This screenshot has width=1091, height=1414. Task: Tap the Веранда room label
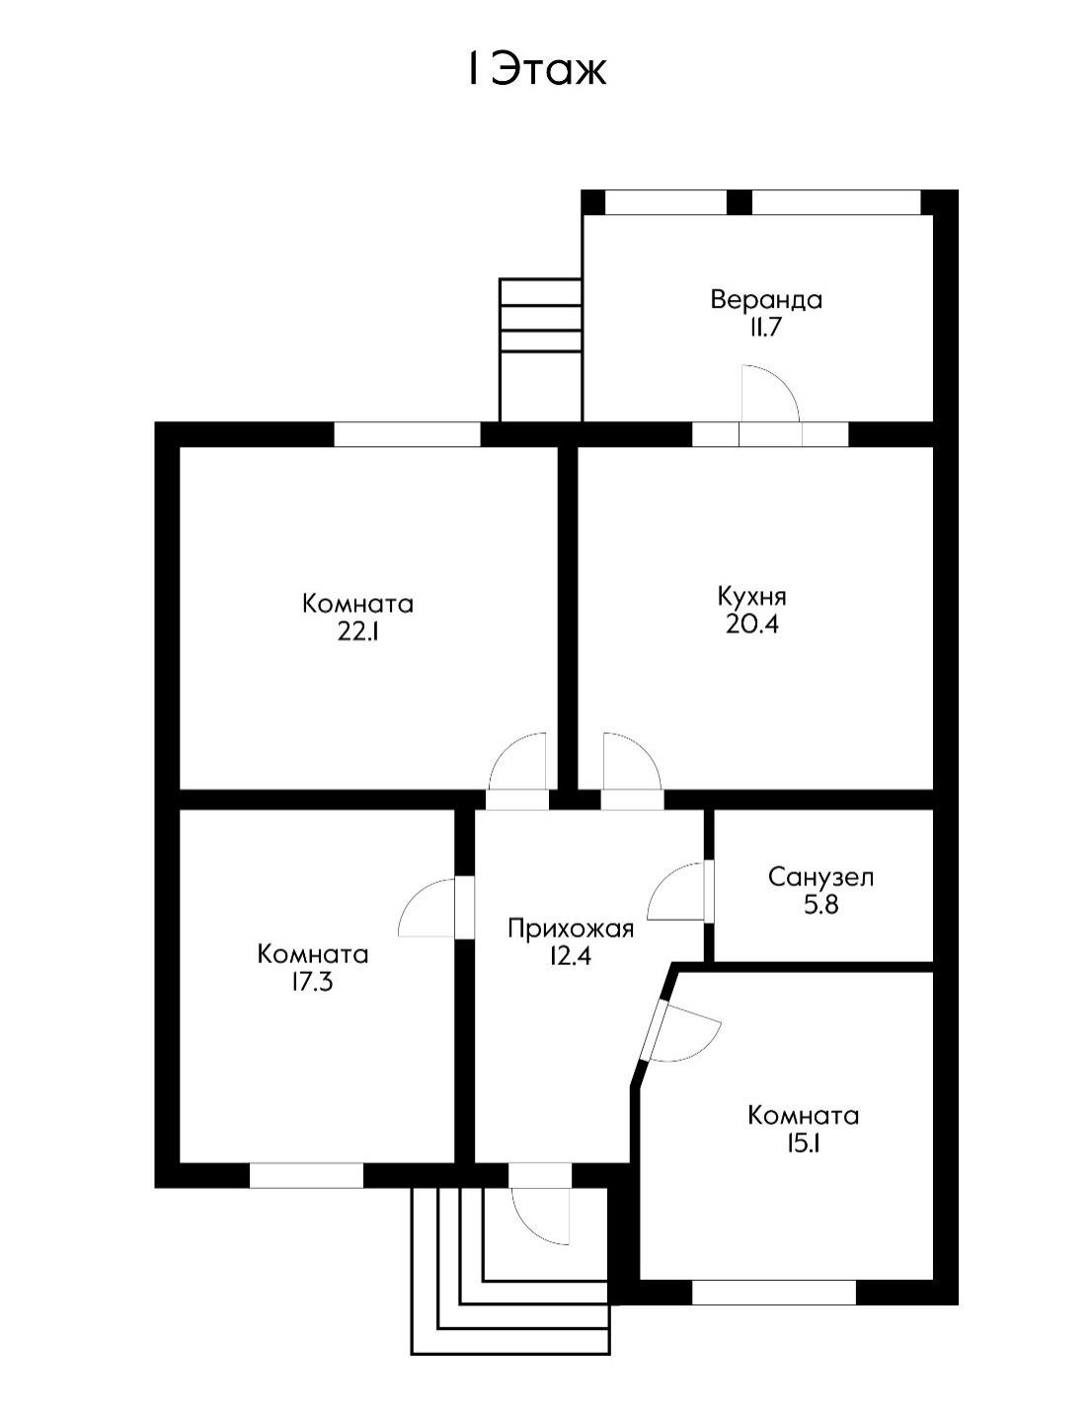[x=766, y=299]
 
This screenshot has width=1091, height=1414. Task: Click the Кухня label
[x=751, y=596]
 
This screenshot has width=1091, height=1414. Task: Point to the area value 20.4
[x=751, y=625]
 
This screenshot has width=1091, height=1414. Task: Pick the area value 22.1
[x=357, y=633]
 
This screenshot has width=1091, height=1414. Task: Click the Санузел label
[x=820, y=876]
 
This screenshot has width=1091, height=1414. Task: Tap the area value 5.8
[x=820, y=905]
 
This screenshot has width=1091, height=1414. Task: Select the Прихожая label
[x=570, y=928]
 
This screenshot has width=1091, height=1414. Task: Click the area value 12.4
[x=570, y=956]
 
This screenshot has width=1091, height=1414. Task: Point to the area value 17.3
[x=312, y=983]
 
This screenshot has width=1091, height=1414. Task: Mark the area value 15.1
[x=803, y=1145]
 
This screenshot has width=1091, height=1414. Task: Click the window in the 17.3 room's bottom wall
[x=306, y=1175]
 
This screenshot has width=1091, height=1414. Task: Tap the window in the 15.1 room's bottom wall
[x=773, y=1292]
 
